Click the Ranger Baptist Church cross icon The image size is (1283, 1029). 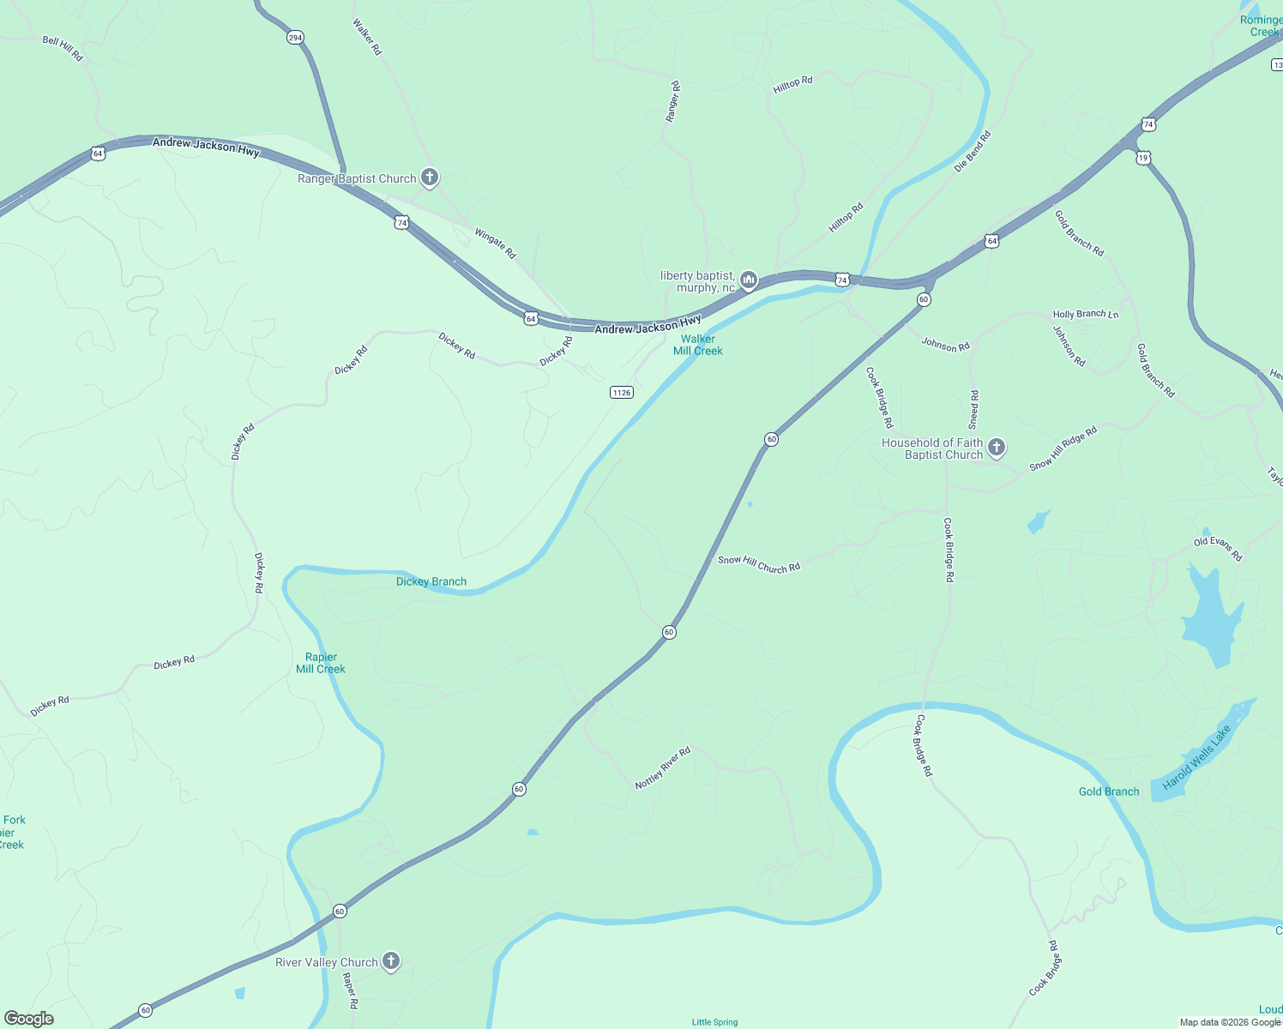tap(430, 178)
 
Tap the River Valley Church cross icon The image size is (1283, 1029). tap(391, 961)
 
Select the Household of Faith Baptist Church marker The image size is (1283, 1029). tap(997, 448)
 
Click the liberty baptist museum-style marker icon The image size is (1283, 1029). tap(749, 280)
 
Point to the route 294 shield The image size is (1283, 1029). tap(295, 38)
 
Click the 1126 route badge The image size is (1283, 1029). tap(622, 393)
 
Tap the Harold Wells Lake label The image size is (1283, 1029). tap(1196, 758)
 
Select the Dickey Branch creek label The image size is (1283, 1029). tap(431, 581)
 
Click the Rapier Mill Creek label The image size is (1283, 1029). tap(321, 663)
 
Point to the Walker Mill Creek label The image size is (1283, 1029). tap(698, 345)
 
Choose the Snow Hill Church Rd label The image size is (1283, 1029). tap(759, 564)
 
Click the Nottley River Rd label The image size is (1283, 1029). tap(662, 768)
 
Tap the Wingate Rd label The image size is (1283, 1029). tap(496, 244)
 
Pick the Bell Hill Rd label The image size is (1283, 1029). tap(63, 49)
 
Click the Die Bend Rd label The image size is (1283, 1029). tap(973, 151)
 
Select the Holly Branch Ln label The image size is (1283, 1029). tap(1086, 315)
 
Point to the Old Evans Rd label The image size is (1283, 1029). tap(1218, 549)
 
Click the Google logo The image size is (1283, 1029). tap(28, 1019)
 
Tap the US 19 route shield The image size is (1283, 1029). tap(1143, 158)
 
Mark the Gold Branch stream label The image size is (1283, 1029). tap(1109, 791)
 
